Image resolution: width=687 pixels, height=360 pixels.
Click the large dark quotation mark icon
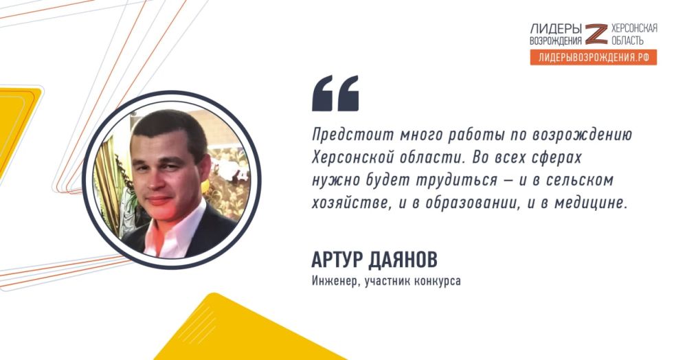(x=335, y=93)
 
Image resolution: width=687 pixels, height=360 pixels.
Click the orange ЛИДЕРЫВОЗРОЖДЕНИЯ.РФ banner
(x=593, y=58)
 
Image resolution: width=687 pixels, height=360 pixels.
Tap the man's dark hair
(x=169, y=126)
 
